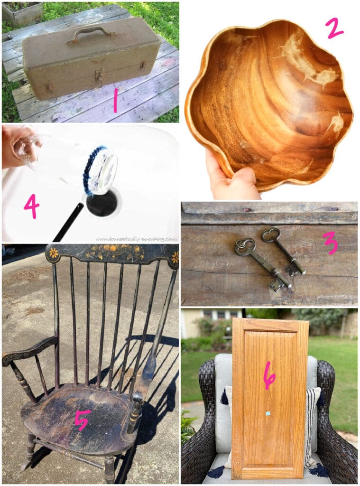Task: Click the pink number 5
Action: (83, 421)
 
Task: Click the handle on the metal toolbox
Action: (91, 33)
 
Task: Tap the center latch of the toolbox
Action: (99, 75)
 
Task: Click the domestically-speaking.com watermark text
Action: (136, 239)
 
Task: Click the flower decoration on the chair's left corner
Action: (53, 253)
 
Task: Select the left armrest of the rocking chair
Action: (29, 351)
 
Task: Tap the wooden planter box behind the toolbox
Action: (22, 13)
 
